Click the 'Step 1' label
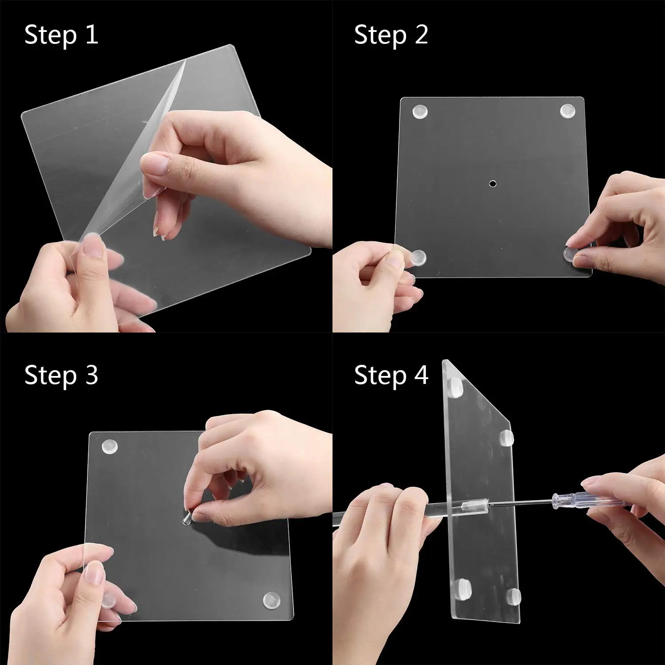pyautogui.click(x=61, y=35)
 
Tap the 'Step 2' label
pyautogui.click(x=391, y=35)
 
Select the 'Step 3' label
pyautogui.click(x=61, y=376)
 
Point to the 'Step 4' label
pyautogui.click(x=391, y=376)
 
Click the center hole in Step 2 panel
pyautogui.click(x=492, y=183)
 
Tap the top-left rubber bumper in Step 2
pyautogui.click(x=419, y=112)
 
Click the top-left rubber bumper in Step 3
pyautogui.click(x=110, y=446)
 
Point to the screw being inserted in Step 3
pyautogui.click(x=188, y=517)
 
